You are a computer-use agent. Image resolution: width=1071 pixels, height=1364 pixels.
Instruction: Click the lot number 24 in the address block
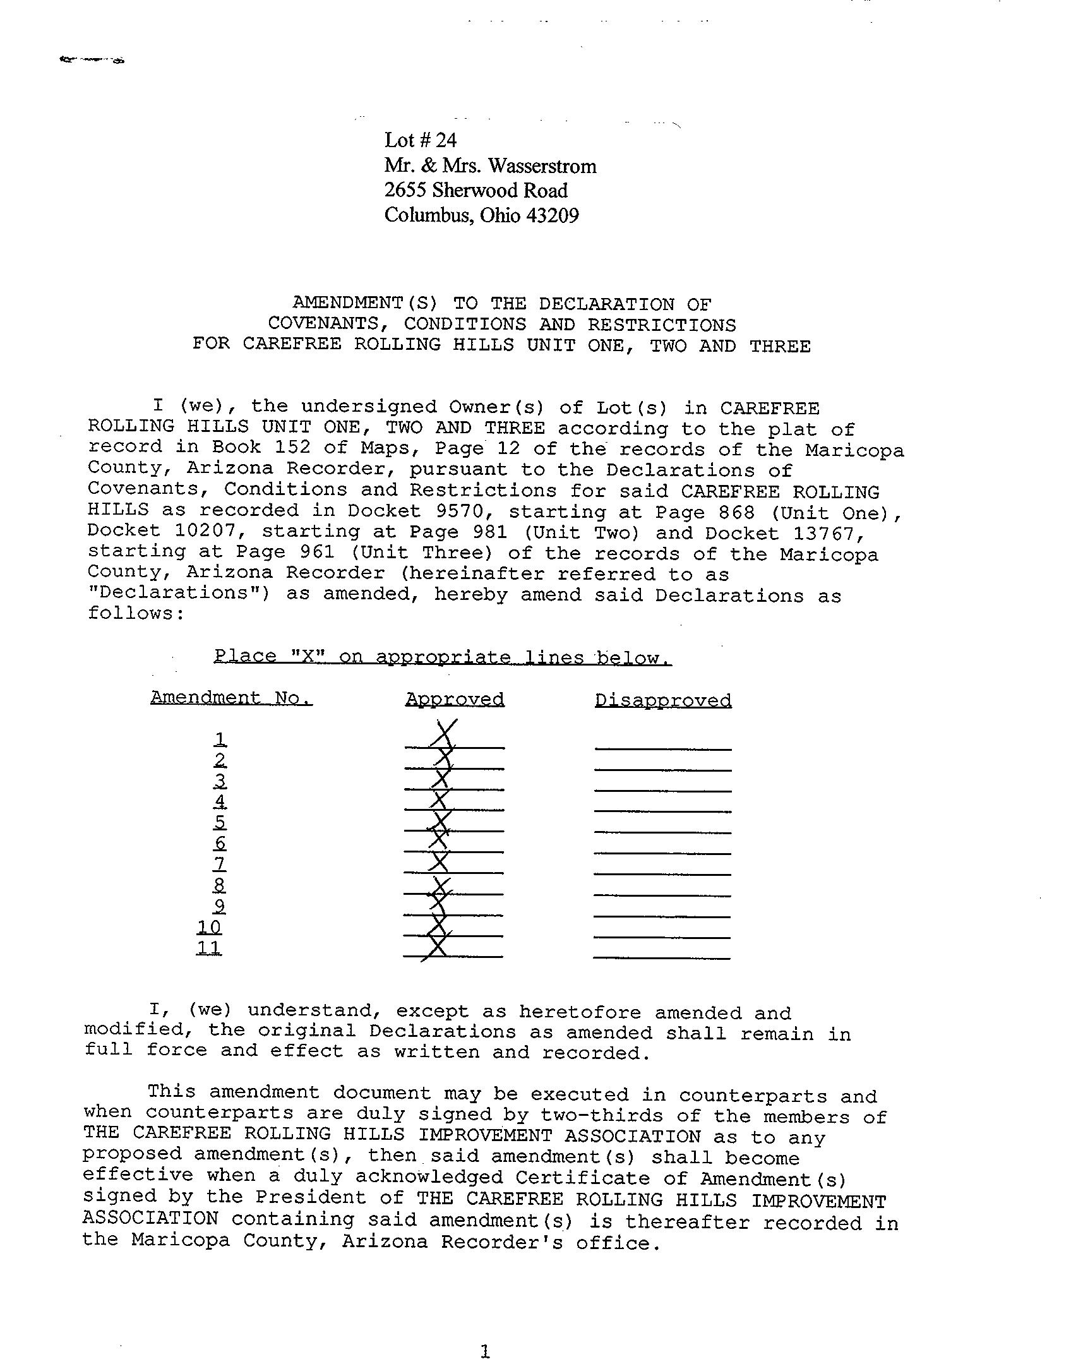(445, 140)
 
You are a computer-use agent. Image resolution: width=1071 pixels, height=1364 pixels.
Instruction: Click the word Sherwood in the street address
(476, 191)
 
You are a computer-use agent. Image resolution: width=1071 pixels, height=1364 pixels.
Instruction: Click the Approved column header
(455, 699)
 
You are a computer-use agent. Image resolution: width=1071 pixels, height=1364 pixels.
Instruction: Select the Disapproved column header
(663, 700)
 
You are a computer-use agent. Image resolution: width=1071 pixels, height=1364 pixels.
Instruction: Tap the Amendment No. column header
(231, 698)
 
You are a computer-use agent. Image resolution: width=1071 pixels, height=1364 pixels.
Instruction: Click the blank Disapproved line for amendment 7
(662, 874)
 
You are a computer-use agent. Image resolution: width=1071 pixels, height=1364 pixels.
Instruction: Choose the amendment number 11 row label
(209, 948)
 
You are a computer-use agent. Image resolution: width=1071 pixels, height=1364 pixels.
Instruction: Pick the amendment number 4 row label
(220, 801)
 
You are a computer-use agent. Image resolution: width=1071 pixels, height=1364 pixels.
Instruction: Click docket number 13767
(827, 532)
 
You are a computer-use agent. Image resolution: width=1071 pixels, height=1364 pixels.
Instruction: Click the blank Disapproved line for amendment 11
(662, 958)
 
